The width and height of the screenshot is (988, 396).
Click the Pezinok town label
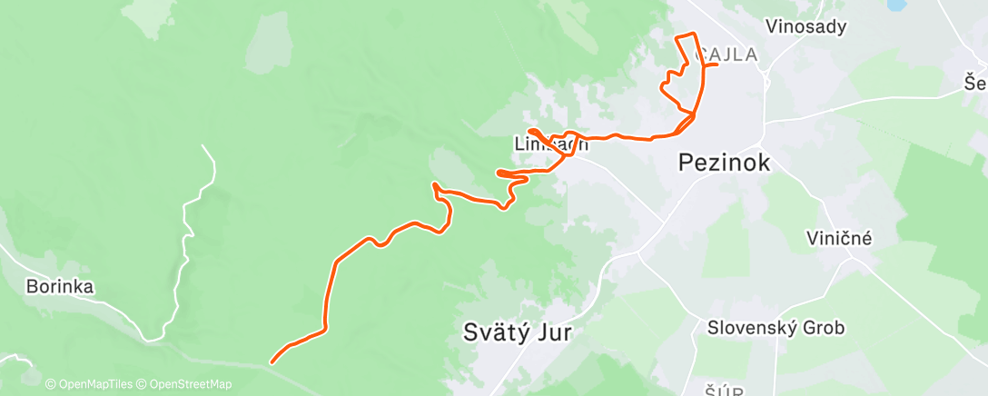tap(725, 163)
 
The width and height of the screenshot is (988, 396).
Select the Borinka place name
tap(60, 287)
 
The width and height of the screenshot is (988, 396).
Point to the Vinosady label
tap(805, 26)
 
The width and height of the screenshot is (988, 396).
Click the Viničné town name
tap(839, 239)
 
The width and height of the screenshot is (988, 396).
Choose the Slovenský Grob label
tap(776, 327)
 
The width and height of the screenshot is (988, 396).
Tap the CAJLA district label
tap(726, 54)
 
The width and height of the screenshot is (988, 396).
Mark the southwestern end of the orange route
tap(272, 362)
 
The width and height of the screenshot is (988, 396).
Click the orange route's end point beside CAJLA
tap(716, 65)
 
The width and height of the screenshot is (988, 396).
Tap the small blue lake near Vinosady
tap(895, 5)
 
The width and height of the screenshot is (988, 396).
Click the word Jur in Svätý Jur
tap(553, 332)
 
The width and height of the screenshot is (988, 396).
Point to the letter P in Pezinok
tap(687, 163)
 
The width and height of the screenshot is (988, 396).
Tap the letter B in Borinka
tap(32, 287)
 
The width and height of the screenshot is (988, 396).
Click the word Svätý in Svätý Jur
tap(495, 332)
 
